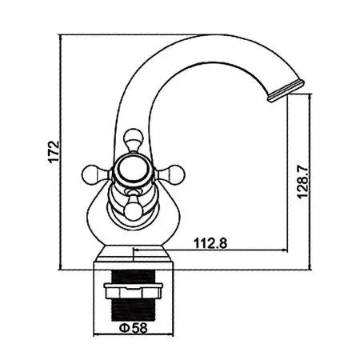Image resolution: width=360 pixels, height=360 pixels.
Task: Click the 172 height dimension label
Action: pyautogui.click(x=54, y=152)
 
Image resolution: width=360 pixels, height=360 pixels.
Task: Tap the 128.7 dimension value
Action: pyautogui.click(x=302, y=182)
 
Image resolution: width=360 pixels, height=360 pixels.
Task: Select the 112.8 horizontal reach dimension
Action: pyautogui.click(x=210, y=243)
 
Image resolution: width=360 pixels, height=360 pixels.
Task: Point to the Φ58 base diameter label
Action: pyautogui.click(x=133, y=328)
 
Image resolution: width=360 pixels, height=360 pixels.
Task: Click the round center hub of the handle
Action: pyautogui.click(x=133, y=170)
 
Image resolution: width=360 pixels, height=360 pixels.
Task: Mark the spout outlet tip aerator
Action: pyautogui.click(x=286, y=90)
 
